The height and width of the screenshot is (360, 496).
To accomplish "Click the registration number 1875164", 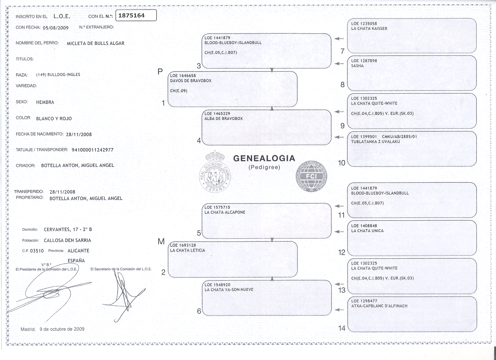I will (131, 16).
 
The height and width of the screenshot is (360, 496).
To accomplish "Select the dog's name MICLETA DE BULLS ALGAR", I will (96, 43).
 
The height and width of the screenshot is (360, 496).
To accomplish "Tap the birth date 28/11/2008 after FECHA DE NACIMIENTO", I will (79, 134).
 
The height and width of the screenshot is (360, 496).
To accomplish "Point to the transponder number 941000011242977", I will (93, 150).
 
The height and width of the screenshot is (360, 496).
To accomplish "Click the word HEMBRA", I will (45, 102).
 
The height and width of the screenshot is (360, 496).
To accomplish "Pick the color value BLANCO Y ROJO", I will (54, 119).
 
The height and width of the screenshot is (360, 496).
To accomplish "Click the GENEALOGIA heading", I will (264, 158).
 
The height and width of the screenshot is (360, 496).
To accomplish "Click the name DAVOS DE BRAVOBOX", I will (191, 81).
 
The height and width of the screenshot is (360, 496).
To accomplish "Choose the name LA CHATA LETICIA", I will (188, 250).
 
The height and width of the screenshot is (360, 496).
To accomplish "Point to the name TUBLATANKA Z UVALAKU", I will (375, 142).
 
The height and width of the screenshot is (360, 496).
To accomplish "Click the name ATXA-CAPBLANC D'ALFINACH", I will (379, 306).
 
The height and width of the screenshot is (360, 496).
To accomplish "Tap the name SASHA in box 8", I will (357, 66).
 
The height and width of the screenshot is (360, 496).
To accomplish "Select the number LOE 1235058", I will (364, 24).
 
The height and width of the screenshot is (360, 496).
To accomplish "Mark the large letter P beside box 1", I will (160, 72).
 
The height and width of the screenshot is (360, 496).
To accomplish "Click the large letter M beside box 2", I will (161, 241).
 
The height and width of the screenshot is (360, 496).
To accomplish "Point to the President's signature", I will (48, 291).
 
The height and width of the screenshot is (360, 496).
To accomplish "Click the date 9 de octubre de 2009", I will (62, 329).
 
